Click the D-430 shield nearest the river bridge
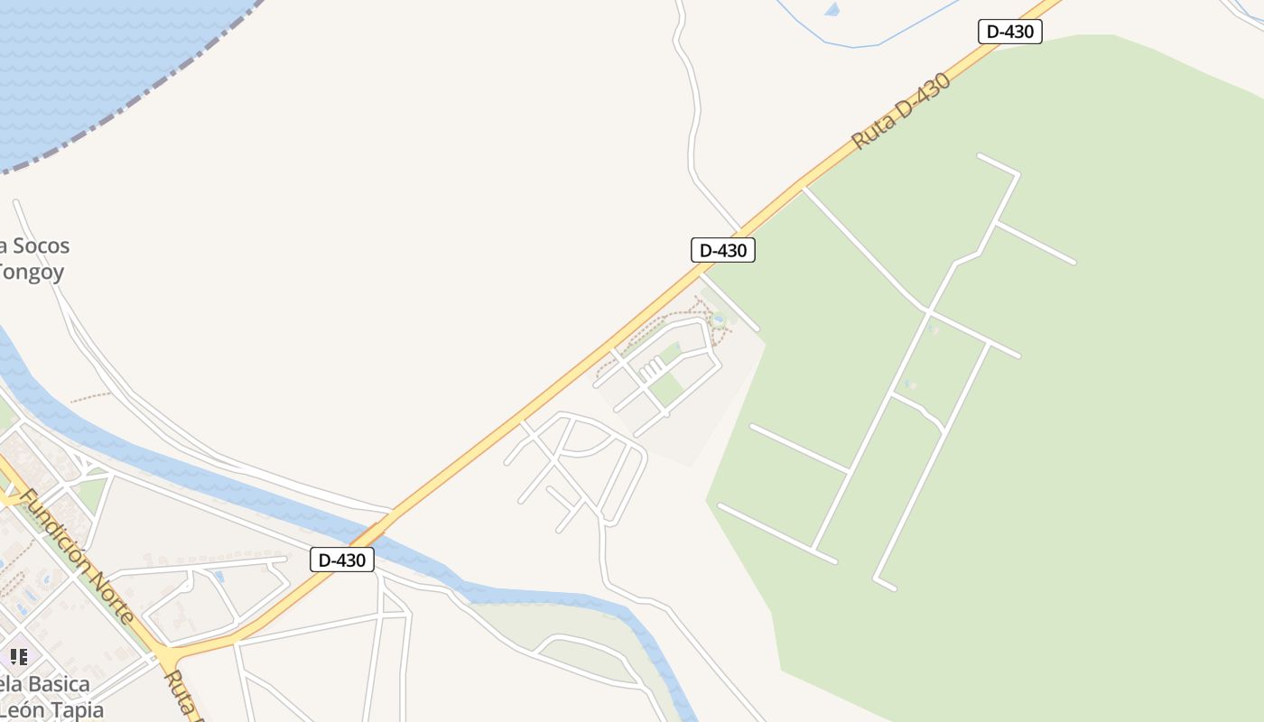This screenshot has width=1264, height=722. (342, 560)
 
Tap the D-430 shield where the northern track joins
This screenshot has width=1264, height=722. (722, 250)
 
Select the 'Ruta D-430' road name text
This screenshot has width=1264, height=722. (901, 111)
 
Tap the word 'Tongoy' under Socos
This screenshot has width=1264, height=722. (32, 272)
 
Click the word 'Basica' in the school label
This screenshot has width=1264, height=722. (55, 684)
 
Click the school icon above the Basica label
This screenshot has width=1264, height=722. (18, 656)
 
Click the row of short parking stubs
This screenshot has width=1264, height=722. (651, 368)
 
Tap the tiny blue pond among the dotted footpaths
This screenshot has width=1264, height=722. (718, 318)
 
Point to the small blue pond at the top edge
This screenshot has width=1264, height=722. (832, 9)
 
